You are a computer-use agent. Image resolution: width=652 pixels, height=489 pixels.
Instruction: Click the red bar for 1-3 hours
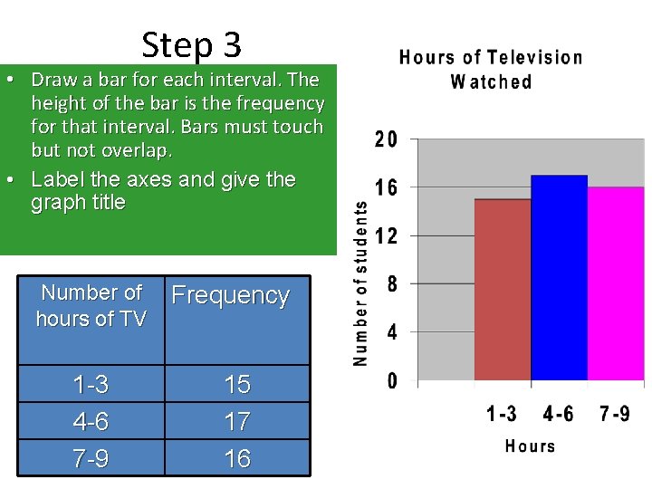tap(503, 290)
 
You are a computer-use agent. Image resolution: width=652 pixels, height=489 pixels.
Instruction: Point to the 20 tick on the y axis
tap(385, 140)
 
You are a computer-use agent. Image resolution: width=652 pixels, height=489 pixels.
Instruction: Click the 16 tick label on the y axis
tap(386, 188)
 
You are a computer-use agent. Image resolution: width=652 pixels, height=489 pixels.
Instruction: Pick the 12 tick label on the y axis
tap(386, 236)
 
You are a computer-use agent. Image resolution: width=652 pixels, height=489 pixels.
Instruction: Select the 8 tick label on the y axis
tap(391, 284)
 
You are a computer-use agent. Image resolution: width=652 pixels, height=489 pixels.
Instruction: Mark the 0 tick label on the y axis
tap(392, 381)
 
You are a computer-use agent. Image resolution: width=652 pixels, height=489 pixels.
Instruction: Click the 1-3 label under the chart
tap(502, 414)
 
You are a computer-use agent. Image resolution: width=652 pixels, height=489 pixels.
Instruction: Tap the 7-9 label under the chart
tap(616, 414)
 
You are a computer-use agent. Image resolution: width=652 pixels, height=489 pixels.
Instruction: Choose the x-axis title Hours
tap(530, 446)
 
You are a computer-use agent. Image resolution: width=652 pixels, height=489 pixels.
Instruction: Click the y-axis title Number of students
tap(360, 283)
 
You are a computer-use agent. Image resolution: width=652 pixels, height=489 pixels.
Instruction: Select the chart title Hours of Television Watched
tap(491, 70)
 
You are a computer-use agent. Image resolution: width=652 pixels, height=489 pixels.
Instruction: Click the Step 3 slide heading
tap(192, 44)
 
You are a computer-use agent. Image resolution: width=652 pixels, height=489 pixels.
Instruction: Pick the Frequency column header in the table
tap(231, 295)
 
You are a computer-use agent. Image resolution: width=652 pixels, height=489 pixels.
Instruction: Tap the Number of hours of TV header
tap(91, 305)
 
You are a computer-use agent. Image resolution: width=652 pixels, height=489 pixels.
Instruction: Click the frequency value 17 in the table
tap(237, 422)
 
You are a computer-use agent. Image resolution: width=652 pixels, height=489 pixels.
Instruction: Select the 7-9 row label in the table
tap(91, 459)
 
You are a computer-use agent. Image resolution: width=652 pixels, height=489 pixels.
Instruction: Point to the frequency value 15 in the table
tap(237, 385)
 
